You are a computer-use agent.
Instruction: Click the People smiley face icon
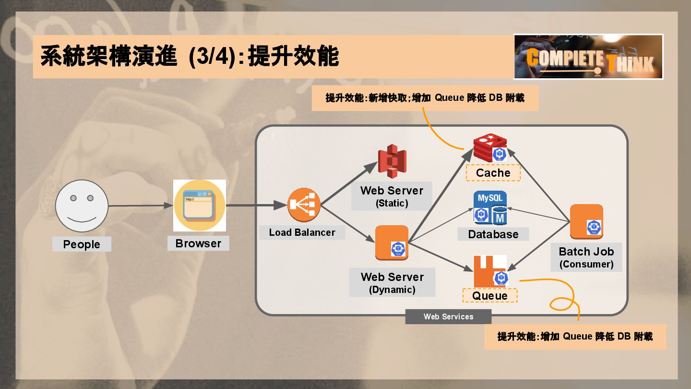tap(82, 206)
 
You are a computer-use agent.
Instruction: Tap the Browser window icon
tap(200, 206)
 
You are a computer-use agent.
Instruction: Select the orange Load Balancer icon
tap(304, 206)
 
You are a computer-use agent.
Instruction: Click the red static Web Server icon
tap(392, 161)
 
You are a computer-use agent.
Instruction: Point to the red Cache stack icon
tap(490, 148)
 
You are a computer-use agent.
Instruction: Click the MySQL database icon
tap(490, 208)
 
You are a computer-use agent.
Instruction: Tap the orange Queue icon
tap(490, 271)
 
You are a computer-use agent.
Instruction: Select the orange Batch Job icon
tap(586, 221)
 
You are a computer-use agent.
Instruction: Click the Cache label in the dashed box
tap(493, 173)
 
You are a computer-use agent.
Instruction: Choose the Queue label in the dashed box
tap(490, 295)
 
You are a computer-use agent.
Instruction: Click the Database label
tap(493, 234)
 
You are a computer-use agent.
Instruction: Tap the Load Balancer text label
tap(302, 232)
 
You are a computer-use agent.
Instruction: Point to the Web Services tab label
tap(448, 316)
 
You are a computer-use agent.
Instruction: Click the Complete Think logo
tap(588, 57)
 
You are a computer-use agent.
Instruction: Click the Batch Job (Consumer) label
tap(586, 257)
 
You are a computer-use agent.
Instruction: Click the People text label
tap(82, 244)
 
